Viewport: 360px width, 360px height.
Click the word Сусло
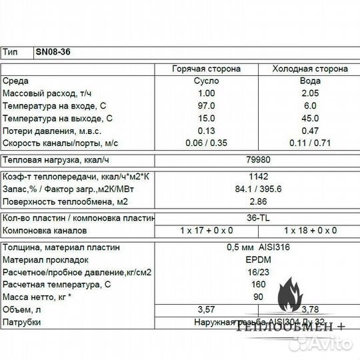tap(207, 81)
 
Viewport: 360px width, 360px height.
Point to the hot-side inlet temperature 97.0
tap(207, 106)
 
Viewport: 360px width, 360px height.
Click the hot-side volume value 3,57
tap(207, 309)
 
